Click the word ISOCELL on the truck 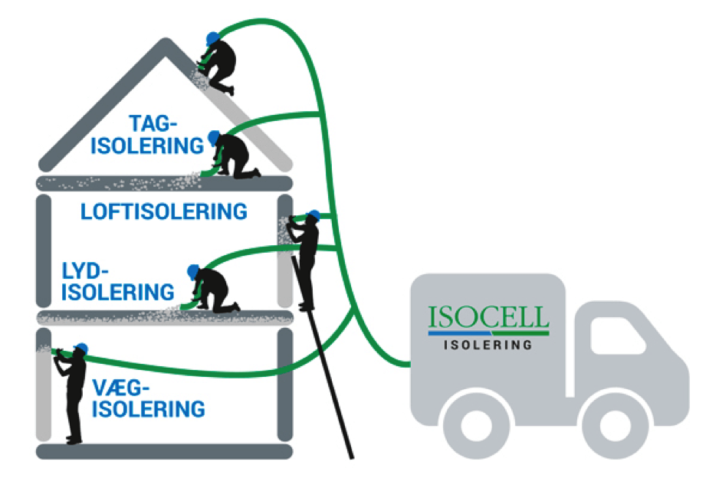point(489,317)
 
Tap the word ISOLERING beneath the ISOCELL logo point(488,345)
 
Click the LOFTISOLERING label point(164,211)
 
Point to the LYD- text point(86,270)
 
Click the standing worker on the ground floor point(74,391)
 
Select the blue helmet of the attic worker point(214,137)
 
